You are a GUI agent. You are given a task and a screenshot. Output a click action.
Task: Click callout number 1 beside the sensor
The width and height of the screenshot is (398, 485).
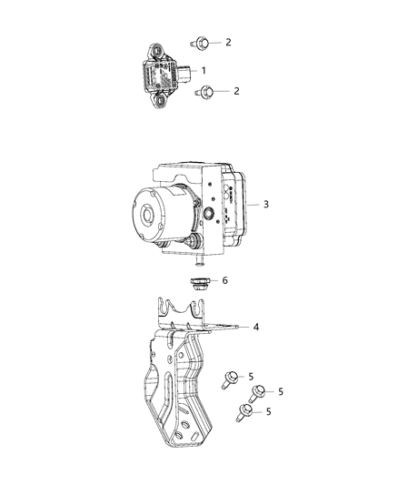[x=204, y=70]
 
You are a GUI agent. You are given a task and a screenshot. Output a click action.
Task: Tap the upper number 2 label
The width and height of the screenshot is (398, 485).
[x=228, y=42]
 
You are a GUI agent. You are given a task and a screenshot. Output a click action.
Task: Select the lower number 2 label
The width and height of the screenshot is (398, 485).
[x=236, y=91]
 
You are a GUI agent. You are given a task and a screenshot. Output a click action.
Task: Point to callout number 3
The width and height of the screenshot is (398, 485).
[x=265, y=205]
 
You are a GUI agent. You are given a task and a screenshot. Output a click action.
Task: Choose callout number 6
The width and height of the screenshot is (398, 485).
[x=224, y=281]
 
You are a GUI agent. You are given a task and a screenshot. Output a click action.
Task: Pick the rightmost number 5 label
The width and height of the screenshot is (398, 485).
[x=282, y=391]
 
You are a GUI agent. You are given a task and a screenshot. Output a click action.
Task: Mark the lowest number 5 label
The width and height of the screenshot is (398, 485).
[x=267, y=412]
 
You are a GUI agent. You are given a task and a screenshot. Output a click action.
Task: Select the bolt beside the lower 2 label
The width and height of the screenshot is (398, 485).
[x=208, y=91]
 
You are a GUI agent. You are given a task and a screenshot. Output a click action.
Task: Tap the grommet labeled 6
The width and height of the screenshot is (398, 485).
[x=197, y=283]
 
